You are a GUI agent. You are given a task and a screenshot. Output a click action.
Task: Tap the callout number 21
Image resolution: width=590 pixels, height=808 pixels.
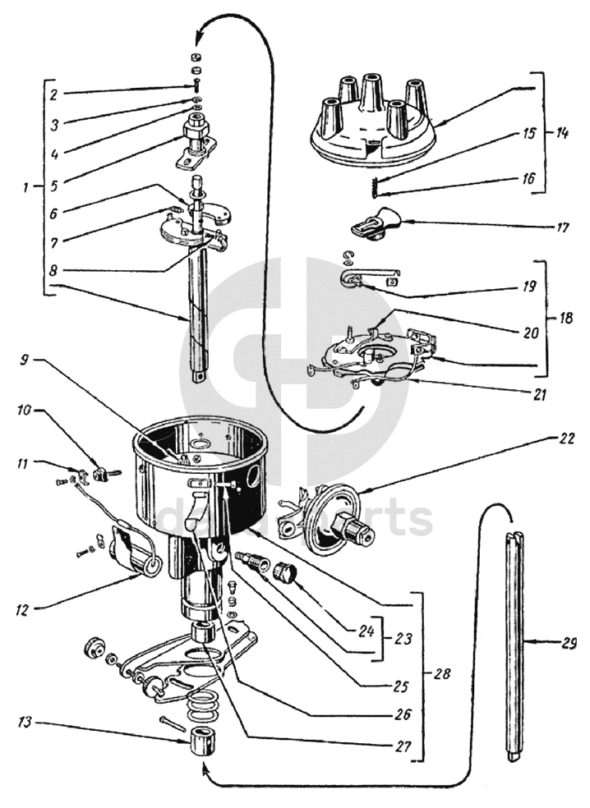[539, 393]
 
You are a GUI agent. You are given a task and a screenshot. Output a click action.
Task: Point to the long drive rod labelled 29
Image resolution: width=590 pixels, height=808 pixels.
[513, 640]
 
